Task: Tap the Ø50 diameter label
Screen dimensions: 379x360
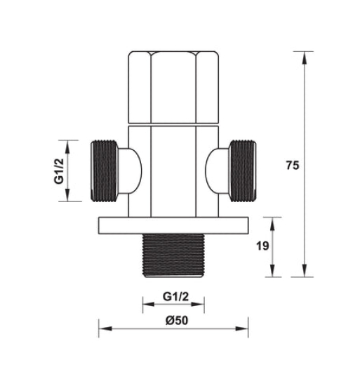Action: tap(173, 319)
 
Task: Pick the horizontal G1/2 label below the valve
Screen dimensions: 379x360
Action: tap(173, 295)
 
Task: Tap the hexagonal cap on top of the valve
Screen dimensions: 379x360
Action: tap(173, 88)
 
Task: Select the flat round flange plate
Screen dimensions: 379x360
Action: tap(173, 225)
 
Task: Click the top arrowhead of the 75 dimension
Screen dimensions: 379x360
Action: tap(304, 55)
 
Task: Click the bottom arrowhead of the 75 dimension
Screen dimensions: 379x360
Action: tap(304, 274)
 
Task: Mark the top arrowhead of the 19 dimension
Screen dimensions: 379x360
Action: tap(274, 221)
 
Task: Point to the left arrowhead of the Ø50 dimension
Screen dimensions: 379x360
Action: tap(102, 327)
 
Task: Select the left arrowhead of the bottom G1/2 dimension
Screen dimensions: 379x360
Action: tap(146, 304)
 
